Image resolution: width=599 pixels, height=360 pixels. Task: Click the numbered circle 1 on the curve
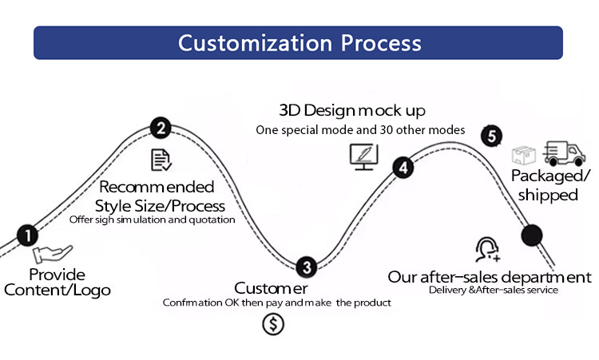[27, 235]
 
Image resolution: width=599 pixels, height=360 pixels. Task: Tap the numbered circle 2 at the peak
[161, 128]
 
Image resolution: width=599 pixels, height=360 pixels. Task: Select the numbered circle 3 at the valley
[307, 267]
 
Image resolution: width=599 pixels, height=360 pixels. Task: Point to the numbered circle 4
[403, 167]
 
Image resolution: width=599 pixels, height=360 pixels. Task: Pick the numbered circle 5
[492, 136]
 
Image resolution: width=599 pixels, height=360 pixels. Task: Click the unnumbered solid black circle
[532, 235]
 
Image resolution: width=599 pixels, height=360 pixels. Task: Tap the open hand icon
[53, 254]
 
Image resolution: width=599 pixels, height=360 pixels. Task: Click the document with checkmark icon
[161, 160]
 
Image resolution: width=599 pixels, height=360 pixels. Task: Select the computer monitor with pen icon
[364, 156]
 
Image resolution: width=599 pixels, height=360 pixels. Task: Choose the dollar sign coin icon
[273, 324]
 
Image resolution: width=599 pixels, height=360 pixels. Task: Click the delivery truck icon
[564, 153]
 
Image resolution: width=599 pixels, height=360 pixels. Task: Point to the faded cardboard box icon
[523, 155]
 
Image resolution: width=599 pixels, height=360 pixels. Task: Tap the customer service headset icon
[487, 250]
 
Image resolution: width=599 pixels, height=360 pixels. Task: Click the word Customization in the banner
[256, 43]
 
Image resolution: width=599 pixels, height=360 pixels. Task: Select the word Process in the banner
[381, 43]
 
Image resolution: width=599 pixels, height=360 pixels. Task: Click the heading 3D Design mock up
[352, 111]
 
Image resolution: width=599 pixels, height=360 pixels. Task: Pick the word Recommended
[157, 187]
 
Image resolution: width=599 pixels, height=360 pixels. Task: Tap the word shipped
[548, 195]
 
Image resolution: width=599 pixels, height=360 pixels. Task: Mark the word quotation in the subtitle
[212, 220]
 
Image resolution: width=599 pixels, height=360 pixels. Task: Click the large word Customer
[271, 288]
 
